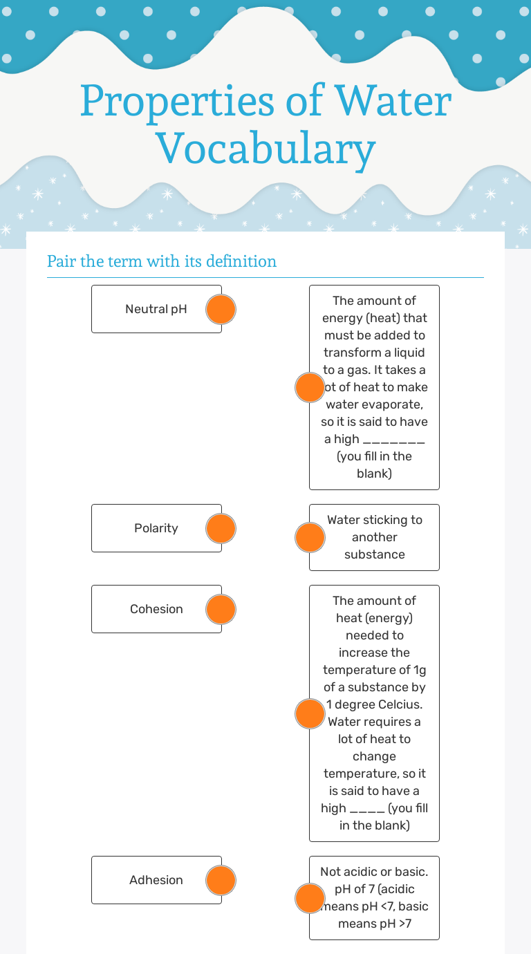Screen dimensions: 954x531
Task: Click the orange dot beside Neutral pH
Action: [221, 310]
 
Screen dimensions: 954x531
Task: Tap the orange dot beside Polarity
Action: [221, 528]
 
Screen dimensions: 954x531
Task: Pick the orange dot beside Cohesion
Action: [221, 609]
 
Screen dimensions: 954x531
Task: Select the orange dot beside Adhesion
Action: [221, 880]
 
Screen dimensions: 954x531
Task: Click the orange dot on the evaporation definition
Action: [310, 387]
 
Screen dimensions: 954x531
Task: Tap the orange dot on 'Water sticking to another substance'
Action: [310, 537]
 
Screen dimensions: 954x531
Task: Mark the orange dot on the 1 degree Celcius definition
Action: [310, 713]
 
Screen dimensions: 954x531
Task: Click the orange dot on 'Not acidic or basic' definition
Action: [310, 898]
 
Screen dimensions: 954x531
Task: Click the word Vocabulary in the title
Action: [265, 147]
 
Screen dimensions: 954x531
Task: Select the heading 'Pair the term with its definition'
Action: [162, 261]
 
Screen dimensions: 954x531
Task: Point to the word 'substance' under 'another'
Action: [374, 554]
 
